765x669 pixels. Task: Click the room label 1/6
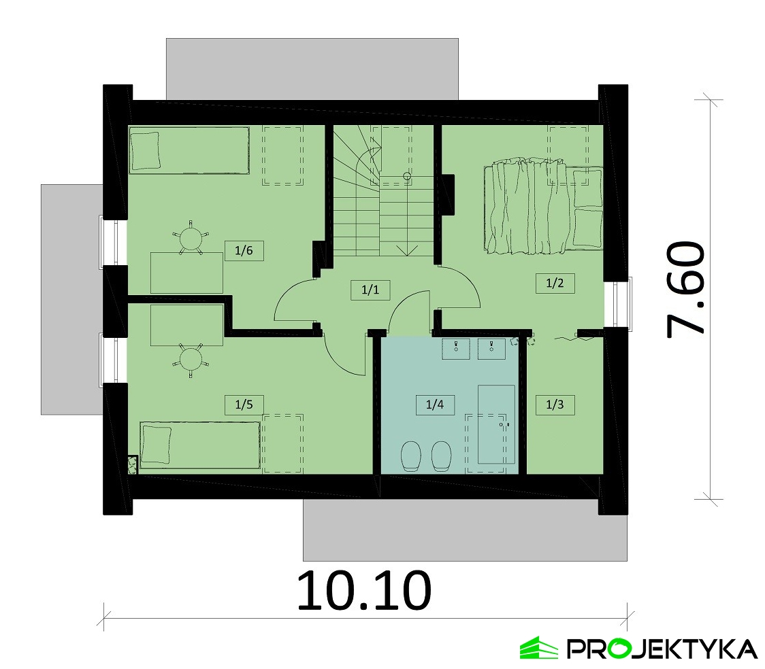pyautogui.click(x=244, y=250)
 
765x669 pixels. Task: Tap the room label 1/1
pyautogui.click(x=370, y=290)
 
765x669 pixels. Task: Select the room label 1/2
pyautogui.click(x=555, y=283)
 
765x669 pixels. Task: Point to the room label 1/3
pyautogui.click(x=555, y=405)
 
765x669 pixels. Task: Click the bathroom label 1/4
pyautogui.click(x=435, y=405)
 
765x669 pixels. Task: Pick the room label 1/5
pyautogui.click(x=244, y=405)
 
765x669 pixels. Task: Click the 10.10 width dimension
pyautogui.click(x=364, y=591)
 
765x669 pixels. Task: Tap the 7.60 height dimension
pyautogui.click(x=685, y=290)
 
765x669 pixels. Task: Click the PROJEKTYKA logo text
pyautogui.click(x=662, y=649)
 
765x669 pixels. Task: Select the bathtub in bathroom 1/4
pyautogui.click(x=496, y=424)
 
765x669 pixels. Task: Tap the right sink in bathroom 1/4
pyautogui.click(x=491, y=349)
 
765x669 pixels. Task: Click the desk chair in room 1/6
pyautogui.click(x=191, y=238)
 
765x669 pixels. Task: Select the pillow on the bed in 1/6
pyautogui.click(x=146, y=151)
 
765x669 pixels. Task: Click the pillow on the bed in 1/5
pyautogui.click(x=156, y=445)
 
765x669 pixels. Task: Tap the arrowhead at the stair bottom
pyautogui.click(x=407, y=250)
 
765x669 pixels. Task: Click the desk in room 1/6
pyautogui.click(x=187, y=273)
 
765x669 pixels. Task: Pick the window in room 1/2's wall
pyautogui.click(x=623, y=304)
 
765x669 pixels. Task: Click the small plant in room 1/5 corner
pyautogui.click(x=132, y=465)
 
